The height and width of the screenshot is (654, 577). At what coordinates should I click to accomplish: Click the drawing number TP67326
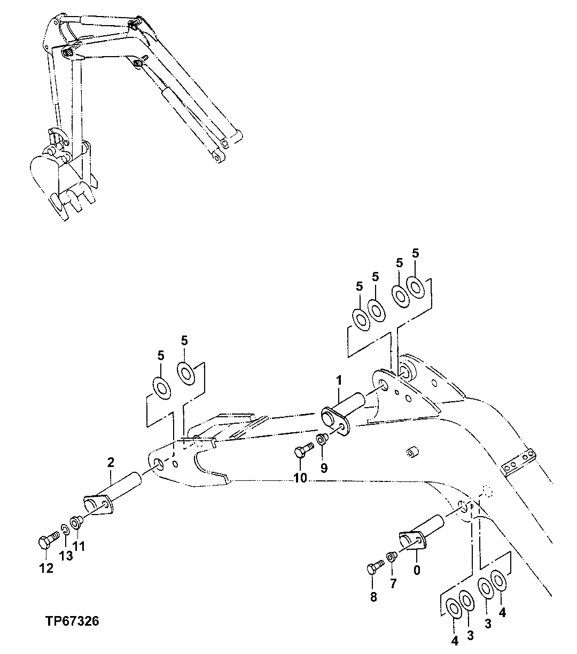(72, 621)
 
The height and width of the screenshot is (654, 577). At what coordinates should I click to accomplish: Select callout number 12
(46, 568)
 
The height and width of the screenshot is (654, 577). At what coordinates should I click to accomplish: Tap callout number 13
(66, 556)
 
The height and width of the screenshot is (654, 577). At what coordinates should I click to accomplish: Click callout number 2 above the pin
(111, 463)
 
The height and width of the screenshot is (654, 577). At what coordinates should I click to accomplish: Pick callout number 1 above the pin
(339, 380)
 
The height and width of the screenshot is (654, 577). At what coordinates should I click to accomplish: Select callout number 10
(300, 478)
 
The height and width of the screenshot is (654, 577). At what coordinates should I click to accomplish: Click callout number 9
(324, 468)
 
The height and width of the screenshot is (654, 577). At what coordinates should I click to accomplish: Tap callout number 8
(373, 597)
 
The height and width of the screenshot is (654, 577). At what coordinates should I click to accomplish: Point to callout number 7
(393, 583)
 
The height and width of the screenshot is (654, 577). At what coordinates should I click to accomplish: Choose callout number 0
(417, 570)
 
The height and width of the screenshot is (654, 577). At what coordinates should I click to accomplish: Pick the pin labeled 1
(342, 411)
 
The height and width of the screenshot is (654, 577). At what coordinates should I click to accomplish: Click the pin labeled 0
(422, 532)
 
